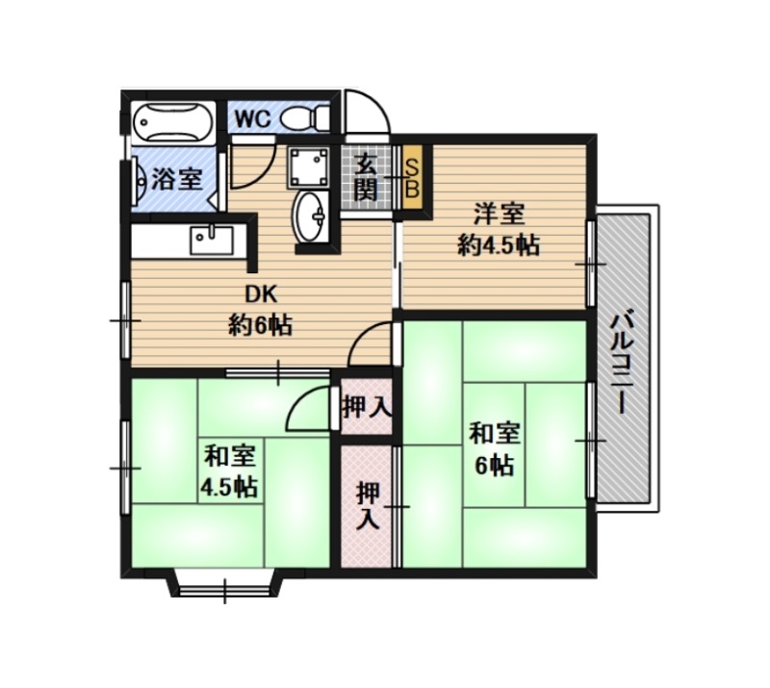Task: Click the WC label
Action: pyautogui.click(x=252, y=119)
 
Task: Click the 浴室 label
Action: pyautogui.click(x=177, y=179)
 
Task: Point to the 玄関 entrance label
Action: pyautogui.click(x=367, y=177)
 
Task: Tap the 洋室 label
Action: pyautogui.click(x=499, y=215)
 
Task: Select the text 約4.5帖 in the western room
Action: pyautogui.click(x=499, y=245)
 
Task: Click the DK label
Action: pyautogui.click(x=261, y=294)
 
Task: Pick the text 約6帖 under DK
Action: pyautogui.click(x=260, y=325)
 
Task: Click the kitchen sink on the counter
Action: pyautogui.click(x=212, y=240)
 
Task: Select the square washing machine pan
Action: pyautogui.click(x=308, y=167)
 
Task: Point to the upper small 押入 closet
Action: pyautogui.click(x=367, y=407)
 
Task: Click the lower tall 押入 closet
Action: pyautogui.click(x=368, y=506)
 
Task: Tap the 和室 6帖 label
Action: pyautogui.click(x=494, y=449)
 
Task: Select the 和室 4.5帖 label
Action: pyautogui.click(x=229, y=471)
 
